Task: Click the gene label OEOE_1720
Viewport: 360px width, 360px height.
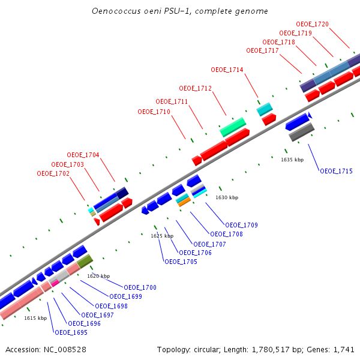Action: click(313, 24)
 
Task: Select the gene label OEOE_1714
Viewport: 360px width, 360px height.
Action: click(227, 70)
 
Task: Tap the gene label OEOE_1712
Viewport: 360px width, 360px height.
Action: click(196, 89)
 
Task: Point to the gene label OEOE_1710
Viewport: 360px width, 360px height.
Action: click(154, 112)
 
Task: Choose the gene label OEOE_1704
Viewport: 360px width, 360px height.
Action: click(83, 155)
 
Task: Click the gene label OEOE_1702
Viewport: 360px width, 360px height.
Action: click(53, 174)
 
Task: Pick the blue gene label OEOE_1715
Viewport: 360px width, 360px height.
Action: click(336, 172)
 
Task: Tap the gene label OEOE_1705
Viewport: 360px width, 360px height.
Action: click(181, 262)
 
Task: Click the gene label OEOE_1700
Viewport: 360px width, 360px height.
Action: click(140, 288)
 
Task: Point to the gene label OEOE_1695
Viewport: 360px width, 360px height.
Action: click(71, 332)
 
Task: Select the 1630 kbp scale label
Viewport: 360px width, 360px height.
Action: click(227, 197)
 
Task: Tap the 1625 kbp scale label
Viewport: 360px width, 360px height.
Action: click(162, 236)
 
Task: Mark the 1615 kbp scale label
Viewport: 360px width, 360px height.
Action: click(35, 318)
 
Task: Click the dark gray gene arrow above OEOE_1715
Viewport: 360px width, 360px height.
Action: click(302, 133)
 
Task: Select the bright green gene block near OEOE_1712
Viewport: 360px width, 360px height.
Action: click(233, 126)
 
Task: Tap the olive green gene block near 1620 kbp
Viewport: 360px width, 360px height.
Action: click(85, 261)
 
